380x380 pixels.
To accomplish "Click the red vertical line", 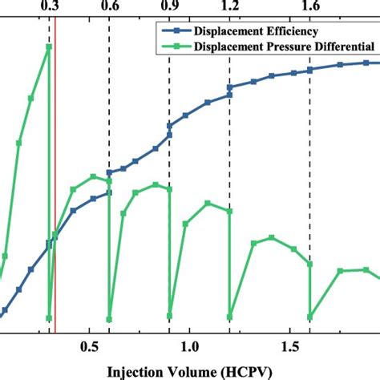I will point(55,200).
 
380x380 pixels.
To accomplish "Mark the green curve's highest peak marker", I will point(49,46).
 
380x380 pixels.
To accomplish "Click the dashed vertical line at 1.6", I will point(310,160).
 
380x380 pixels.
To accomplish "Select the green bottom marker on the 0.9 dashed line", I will point(169,317).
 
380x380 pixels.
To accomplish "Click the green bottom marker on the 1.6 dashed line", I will point(310,317).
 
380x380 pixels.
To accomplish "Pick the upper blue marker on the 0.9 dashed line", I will point(169,126).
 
